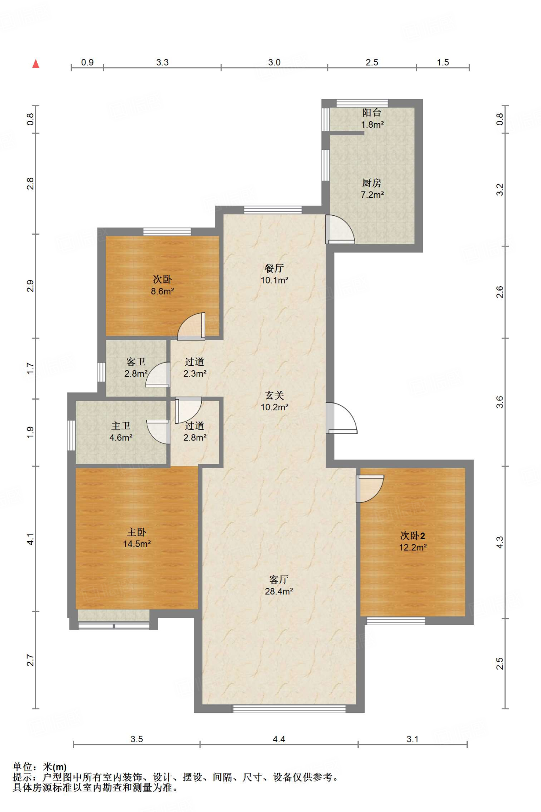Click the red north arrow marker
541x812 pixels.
coord(36,63)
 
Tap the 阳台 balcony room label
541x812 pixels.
coord(372,113)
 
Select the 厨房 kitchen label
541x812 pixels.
coord(372,183)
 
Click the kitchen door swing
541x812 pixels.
coord(340,229)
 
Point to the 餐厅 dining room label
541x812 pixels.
coord(274,268)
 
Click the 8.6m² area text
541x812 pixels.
coord(162,291)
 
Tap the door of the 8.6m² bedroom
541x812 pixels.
coord(191,326)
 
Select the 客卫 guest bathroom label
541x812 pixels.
coord(136,362)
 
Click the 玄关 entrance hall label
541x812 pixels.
coord(274,395)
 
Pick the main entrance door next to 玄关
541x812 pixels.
coord(341,418)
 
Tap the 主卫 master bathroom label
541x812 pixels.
coord(121,426)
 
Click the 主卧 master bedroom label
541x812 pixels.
coord(136,532)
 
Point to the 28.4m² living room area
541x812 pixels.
coord(279,591)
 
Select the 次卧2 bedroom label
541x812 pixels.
coord(413,536)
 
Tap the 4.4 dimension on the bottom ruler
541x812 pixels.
coord(279,739)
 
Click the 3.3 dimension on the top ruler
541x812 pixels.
coord(162,62)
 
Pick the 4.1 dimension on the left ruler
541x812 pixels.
coord(31,539)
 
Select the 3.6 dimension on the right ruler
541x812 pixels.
coord(500,402)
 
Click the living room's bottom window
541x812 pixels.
coord(289,709)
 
